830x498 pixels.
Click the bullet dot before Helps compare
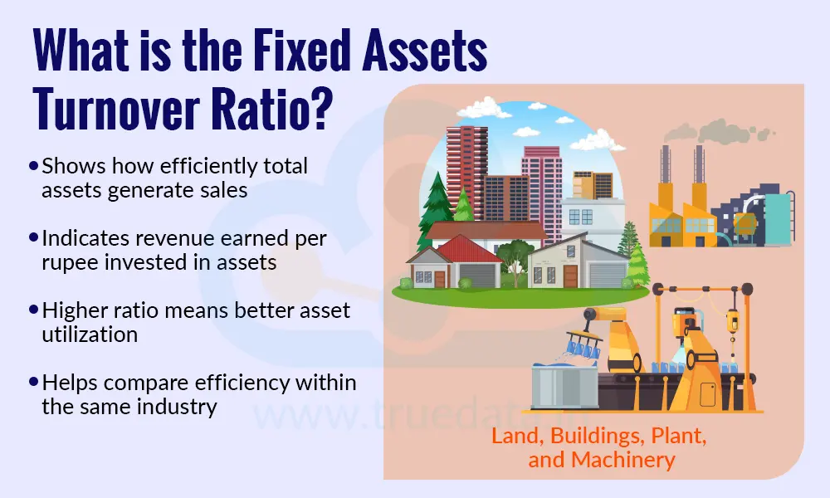click(33, 383)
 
